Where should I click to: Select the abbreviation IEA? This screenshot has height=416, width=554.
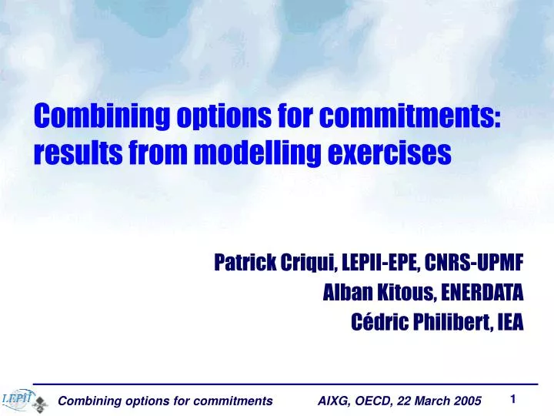pyautogui.click(x=510, y=322)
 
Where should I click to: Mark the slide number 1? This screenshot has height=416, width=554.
pyautogui.click(x=512, y=398)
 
